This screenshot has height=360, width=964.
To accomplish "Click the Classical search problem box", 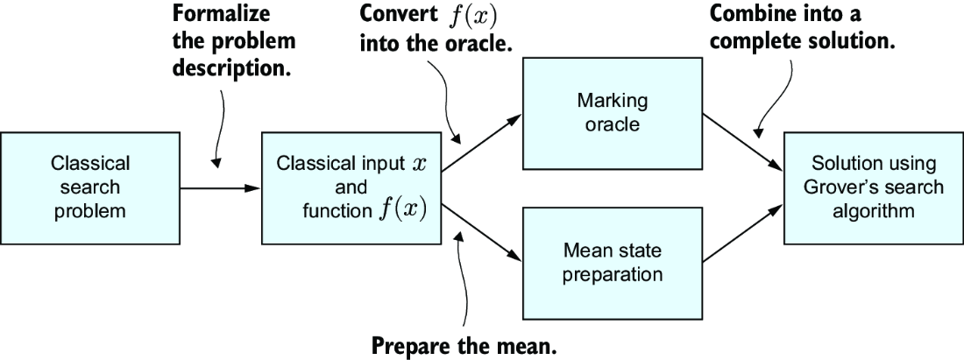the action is (x=89, y=188).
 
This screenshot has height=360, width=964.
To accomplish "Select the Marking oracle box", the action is (x=612, y=113).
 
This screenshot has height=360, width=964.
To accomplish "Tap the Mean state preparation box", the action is (x=612, y=262).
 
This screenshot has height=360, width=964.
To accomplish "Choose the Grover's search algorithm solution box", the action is (x=874, y=188).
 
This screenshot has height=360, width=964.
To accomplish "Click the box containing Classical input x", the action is (x=351, y=188).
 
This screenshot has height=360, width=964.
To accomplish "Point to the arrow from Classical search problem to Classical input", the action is (x=221, y=188).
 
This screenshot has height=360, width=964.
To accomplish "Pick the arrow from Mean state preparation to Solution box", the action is (x=742, y=234).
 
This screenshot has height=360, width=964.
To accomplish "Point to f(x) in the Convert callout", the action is (x=471, y=16).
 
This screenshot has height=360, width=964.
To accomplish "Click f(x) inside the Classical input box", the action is (x=402, y=211).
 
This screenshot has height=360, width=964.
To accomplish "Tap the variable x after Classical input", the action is (x=418, y=166).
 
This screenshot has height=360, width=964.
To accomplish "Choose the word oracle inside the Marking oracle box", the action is (x=612, y=124).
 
